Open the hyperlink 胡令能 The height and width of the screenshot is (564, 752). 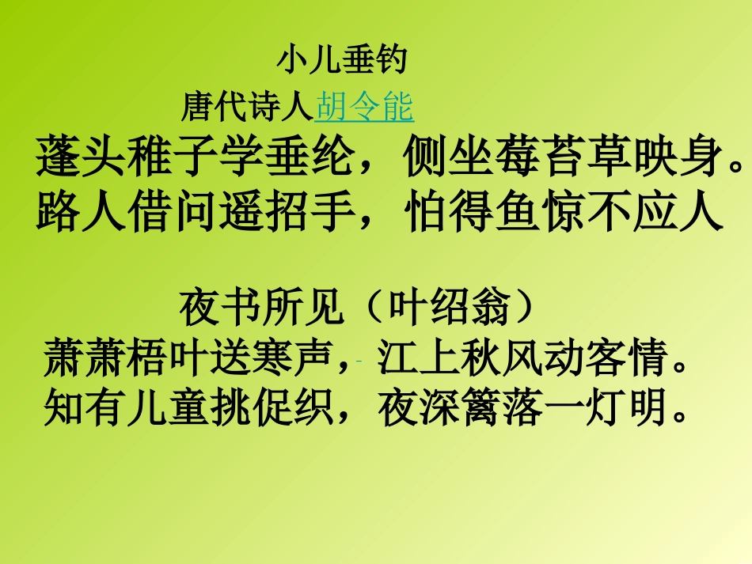[364, 107]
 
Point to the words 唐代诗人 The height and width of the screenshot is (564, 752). [248, 107]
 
